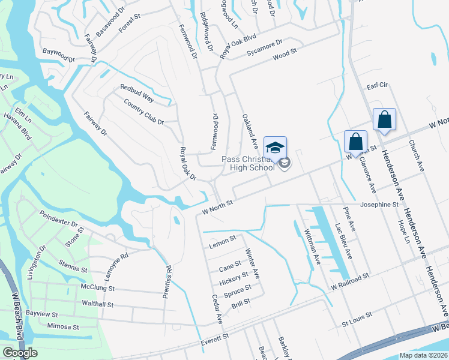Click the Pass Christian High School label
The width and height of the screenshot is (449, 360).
tap(248, 163)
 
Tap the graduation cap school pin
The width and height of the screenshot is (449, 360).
tap(275, 148)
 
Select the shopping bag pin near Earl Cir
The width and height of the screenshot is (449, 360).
tap(384, 119)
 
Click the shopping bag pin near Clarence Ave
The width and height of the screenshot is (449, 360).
tap(355, 142)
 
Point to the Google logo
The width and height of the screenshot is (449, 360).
tap(20, 353)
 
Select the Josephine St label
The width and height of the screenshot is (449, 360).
tap(379, 205)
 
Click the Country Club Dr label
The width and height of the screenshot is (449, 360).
tap(143, 113)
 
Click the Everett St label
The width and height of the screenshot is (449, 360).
tap(215, 338)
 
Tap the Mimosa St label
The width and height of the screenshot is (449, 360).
tap(63, 327)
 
